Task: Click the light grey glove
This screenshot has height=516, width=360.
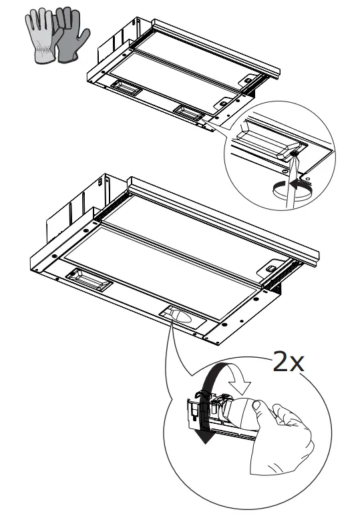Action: [40, 37]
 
